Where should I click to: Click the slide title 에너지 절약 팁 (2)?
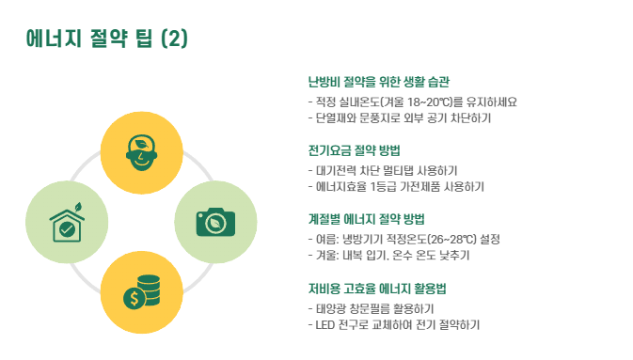[x=107, y=39]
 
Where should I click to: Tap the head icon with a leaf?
[x=141, y=152]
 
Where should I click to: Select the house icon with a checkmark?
[x=67, y=223]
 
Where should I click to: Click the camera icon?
[x=215, y=222]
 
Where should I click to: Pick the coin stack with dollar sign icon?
[x=142, y=292]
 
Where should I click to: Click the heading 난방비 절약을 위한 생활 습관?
[x=379, y=82]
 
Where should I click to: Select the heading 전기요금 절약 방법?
[x=354, y=150]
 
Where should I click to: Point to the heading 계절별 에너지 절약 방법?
[x=366, y=219]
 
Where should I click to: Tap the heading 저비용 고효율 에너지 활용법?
[x=377, y=289]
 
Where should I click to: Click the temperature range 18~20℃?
[x=427, y=102]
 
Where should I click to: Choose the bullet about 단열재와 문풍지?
[x=400, y=118]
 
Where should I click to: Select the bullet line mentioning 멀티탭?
[x=383, y=171]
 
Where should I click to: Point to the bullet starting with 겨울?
[x=388, y=256]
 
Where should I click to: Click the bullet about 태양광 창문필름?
[x=371, y=308]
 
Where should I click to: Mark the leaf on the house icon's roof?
[x=78, y=207]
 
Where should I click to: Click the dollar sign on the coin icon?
[x=134, y=299]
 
